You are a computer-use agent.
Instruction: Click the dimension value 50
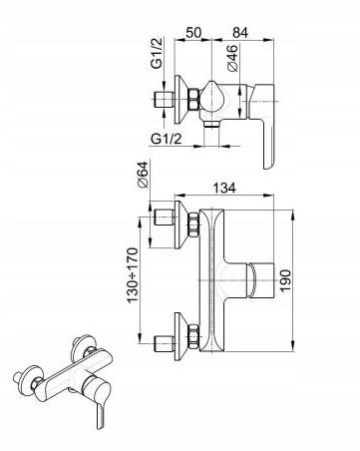pyautogui.click(x=193, y=32)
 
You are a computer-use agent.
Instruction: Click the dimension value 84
pyautogui.click(x=240, y=32)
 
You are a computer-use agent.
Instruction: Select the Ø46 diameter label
pyautogui.click(x=232, y=58)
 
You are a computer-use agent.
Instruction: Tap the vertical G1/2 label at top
pyautogui.click(x=157, y=53)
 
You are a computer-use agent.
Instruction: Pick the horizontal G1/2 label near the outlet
pyautogui.click(x=167, y=139)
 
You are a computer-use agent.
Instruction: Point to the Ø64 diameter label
pyautogui.click(x=144, y=175)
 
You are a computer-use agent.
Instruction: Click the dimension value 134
pyautogui.click(x=224, y=188)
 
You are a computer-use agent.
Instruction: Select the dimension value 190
pyautogui.click(x=285, y=280)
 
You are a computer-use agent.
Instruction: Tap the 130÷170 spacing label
pyautogui.click(x=133, y=274)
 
